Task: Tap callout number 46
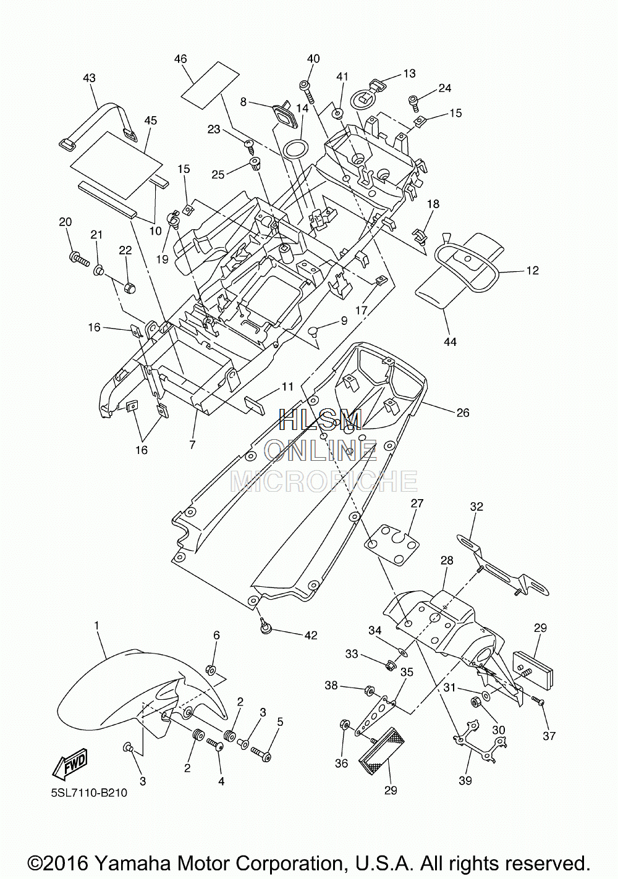pos(180,59)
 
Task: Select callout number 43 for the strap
pos(89,78)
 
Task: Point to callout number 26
pos(463,413)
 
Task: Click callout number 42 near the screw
pos(311,635)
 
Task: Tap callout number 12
pos(532,271)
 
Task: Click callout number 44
pos(450,342)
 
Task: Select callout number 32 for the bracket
pos(476,507)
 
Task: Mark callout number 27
pos(417,503)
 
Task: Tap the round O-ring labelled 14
pos(295,150)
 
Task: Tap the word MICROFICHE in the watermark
pos(324,481)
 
